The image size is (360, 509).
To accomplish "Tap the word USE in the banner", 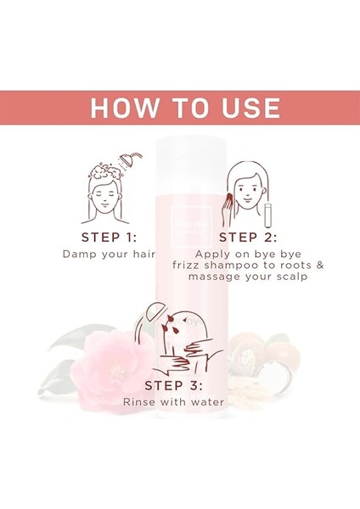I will [243, 108].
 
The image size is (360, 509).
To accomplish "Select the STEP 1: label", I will [109, 237].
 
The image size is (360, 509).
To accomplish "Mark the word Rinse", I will [140, 401].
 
